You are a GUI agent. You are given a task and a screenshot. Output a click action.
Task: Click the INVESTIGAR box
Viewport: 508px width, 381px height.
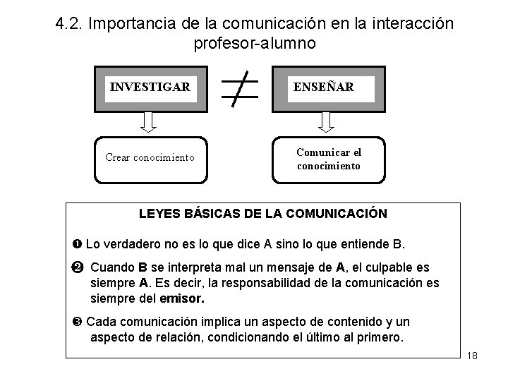tap(150, 89)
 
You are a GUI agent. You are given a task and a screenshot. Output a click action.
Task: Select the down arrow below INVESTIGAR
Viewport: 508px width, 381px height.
tap(148, 123)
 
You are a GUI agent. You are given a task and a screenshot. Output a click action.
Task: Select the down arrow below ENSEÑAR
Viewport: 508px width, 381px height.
tap(326, 123)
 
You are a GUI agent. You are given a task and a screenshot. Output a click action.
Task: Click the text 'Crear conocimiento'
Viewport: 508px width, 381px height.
tap(149, 157)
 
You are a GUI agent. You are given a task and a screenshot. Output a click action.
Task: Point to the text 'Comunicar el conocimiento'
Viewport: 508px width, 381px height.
tap(329, 159)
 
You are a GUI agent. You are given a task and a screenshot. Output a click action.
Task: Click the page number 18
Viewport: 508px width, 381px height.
tap(472, 355)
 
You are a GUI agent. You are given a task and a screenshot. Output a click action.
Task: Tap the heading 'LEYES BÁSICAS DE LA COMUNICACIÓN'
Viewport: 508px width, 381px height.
tap(263, 213)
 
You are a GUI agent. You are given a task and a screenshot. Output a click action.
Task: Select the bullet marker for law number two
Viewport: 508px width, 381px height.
tap(77, 268)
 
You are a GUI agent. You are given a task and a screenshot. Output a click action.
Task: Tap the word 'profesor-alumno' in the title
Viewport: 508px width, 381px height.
tap(255, 42)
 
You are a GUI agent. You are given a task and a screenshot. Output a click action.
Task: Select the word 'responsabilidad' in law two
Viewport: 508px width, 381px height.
tap(258, 283)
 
